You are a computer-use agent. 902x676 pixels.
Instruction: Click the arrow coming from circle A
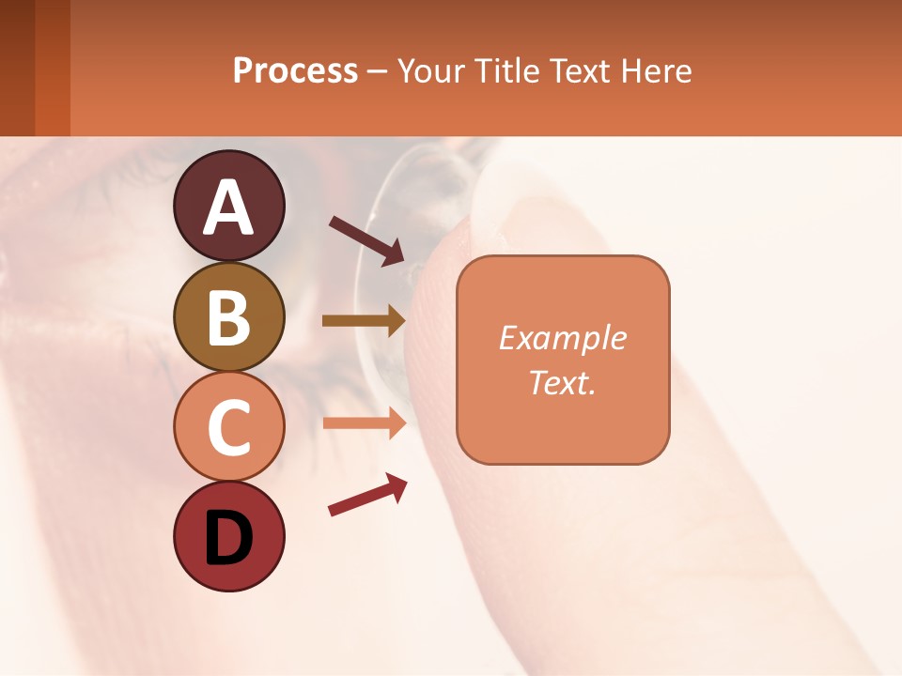point(366,240)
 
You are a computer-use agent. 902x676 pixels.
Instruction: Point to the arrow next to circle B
point(364,320)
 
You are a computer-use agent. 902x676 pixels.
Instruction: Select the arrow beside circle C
point(364,422)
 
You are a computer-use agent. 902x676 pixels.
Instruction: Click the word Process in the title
point(295,70)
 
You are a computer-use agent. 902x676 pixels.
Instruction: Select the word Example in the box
point(563,338)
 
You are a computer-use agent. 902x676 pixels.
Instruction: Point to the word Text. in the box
point(563,382)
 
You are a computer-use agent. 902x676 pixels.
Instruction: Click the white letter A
point(229,207)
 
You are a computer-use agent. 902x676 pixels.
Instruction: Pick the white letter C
point(229,428)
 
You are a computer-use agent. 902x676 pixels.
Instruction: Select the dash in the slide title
point(378,71)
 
